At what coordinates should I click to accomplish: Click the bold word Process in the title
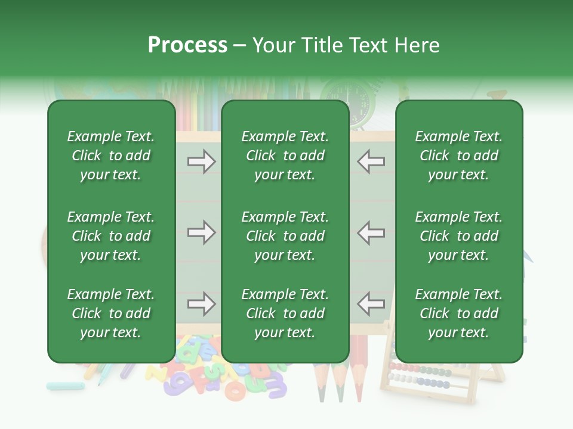tap(187, 45)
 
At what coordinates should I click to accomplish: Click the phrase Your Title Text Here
tap(346, 45)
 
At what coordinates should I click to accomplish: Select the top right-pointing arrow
tap(201, 161)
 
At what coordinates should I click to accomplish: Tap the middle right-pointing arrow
tap(201, 232)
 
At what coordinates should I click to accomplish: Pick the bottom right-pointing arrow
tap(201, 304)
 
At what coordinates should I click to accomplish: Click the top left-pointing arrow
tap(371, 161)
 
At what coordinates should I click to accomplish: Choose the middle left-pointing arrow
tap(371, 232)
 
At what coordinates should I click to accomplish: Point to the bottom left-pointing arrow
tap(371, 304)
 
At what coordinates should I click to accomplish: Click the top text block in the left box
tap(111, 156)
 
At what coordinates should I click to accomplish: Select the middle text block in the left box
tap(111, 236)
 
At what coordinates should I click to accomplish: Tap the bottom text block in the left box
tap(111, 313)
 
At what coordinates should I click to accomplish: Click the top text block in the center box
tap(285, 156)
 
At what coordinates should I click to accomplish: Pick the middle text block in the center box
tap(285, 236)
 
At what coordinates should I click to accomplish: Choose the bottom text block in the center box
tap(285, 313)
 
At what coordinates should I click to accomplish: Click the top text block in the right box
tap(459, 156)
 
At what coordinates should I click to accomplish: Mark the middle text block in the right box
tap(459, 236)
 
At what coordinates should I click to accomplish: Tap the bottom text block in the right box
tap(459, 313)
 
